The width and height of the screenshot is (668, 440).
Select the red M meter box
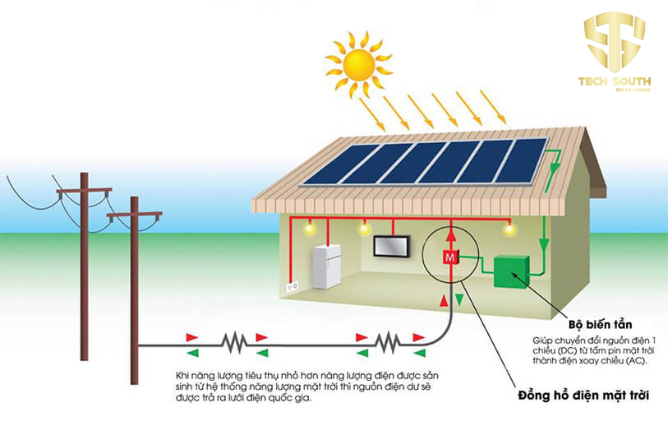(449, 257)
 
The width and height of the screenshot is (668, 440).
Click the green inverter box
(511, 271)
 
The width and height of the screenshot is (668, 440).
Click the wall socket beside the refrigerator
(289, 287)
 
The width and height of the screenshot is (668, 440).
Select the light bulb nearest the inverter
(509, 229)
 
